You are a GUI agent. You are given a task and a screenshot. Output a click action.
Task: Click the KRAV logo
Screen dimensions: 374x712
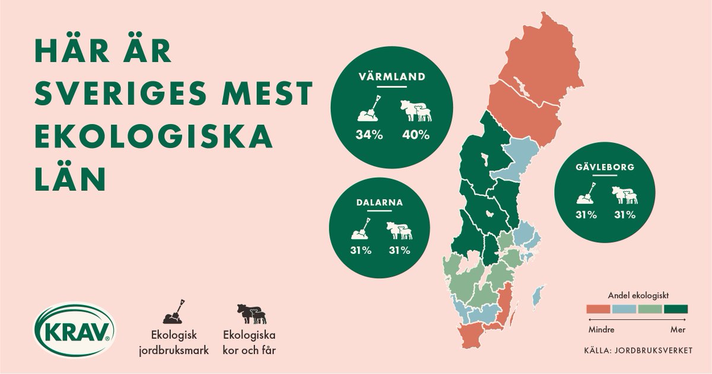point(74,331)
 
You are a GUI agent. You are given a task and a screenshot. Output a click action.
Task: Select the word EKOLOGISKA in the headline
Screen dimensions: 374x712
point(154,137)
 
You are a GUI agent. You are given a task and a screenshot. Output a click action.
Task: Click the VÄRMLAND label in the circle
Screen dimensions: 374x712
point(392,77)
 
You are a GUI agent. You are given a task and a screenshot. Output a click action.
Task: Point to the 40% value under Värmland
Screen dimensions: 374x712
point(415,135)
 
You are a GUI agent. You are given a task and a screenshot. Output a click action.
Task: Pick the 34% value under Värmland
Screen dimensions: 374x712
point(370,135)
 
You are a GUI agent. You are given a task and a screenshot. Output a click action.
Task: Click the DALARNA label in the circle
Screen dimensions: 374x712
point(380,202)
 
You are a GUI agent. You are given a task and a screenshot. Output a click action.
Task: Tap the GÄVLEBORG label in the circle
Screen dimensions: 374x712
point(605,167)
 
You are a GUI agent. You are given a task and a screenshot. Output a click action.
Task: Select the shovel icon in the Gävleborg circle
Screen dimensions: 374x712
point(586,194)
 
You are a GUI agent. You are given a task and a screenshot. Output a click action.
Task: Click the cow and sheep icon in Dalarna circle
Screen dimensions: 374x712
point(399,230)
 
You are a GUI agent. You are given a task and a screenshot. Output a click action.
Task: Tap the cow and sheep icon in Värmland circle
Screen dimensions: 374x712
point(415,110)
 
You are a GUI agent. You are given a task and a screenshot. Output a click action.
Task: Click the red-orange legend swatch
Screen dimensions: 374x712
point(598,309)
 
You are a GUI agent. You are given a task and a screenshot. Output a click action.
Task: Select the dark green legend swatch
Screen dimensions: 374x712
point(676,309)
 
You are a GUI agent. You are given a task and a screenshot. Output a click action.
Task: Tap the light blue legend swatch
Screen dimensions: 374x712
point(624,309)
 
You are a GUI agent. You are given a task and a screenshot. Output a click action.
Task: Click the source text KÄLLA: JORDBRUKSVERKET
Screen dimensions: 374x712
point(638,350)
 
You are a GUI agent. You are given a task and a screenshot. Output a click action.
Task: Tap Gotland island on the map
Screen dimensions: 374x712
point(538,296)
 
